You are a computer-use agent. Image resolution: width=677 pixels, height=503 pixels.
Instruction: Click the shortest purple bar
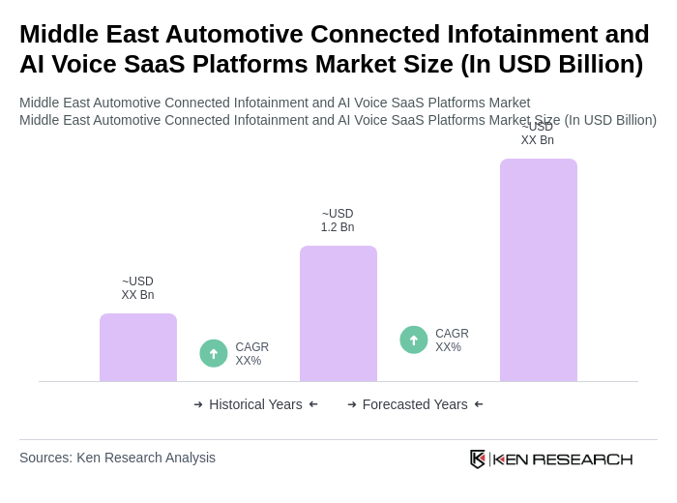[138, 347]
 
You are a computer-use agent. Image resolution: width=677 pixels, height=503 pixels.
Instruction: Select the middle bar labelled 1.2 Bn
[338, 313]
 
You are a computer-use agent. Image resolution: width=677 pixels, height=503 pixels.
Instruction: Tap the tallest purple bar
[539, 270]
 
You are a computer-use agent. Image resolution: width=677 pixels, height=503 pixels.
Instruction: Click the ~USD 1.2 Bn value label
[338, 221]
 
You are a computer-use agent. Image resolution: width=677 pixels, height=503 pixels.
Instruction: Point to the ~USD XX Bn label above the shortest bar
[137, 288]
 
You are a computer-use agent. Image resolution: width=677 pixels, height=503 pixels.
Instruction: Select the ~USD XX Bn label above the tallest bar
[538, 134]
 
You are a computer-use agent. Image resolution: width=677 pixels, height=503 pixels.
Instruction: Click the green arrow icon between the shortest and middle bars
[214, 353]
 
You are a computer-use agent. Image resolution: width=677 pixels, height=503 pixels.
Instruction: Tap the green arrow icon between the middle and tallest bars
[414, 340]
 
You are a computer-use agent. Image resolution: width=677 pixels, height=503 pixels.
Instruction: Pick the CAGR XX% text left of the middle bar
[251, 354]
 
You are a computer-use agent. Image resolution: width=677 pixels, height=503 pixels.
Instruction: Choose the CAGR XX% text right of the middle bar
[452, 340]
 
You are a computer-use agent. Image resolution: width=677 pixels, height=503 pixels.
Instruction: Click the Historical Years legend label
[255, 404]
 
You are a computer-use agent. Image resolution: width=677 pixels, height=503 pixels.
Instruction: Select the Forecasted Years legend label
[415, 404]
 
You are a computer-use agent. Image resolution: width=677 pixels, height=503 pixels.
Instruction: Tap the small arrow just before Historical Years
[198, 404]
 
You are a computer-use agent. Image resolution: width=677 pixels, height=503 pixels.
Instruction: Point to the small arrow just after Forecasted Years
[479, 404]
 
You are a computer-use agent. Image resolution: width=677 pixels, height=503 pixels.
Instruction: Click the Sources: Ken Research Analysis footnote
[117, 458]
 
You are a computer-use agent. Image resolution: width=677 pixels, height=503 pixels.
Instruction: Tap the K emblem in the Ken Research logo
[478, 459]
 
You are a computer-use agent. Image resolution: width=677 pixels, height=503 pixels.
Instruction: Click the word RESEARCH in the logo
[582, 459]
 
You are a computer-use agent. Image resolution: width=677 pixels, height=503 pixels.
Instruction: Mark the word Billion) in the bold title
[592, 64]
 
